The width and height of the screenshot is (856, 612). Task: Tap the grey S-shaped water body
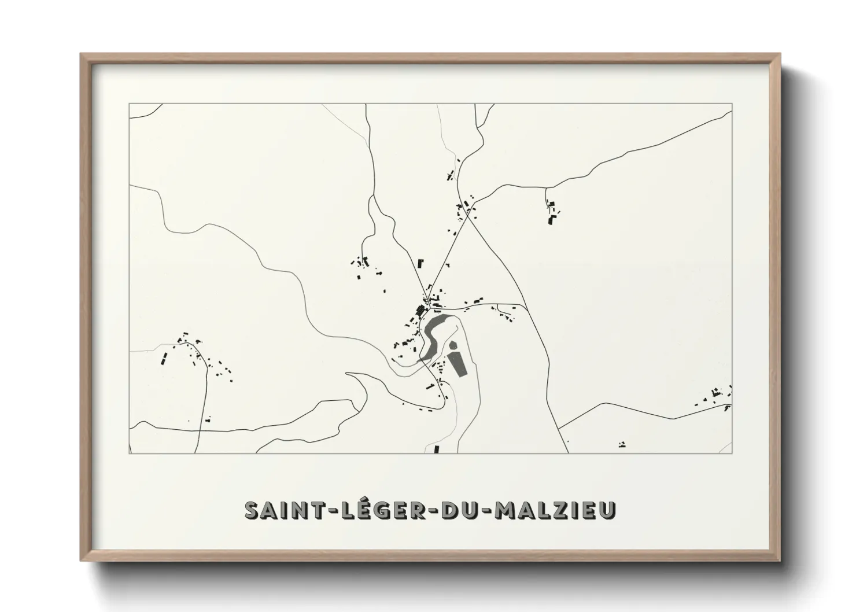433,336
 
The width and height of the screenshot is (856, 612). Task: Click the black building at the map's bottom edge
437,449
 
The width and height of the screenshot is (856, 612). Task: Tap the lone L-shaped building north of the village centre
421,264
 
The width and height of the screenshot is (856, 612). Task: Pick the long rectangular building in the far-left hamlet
164,359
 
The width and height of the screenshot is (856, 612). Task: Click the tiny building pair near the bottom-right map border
622,444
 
